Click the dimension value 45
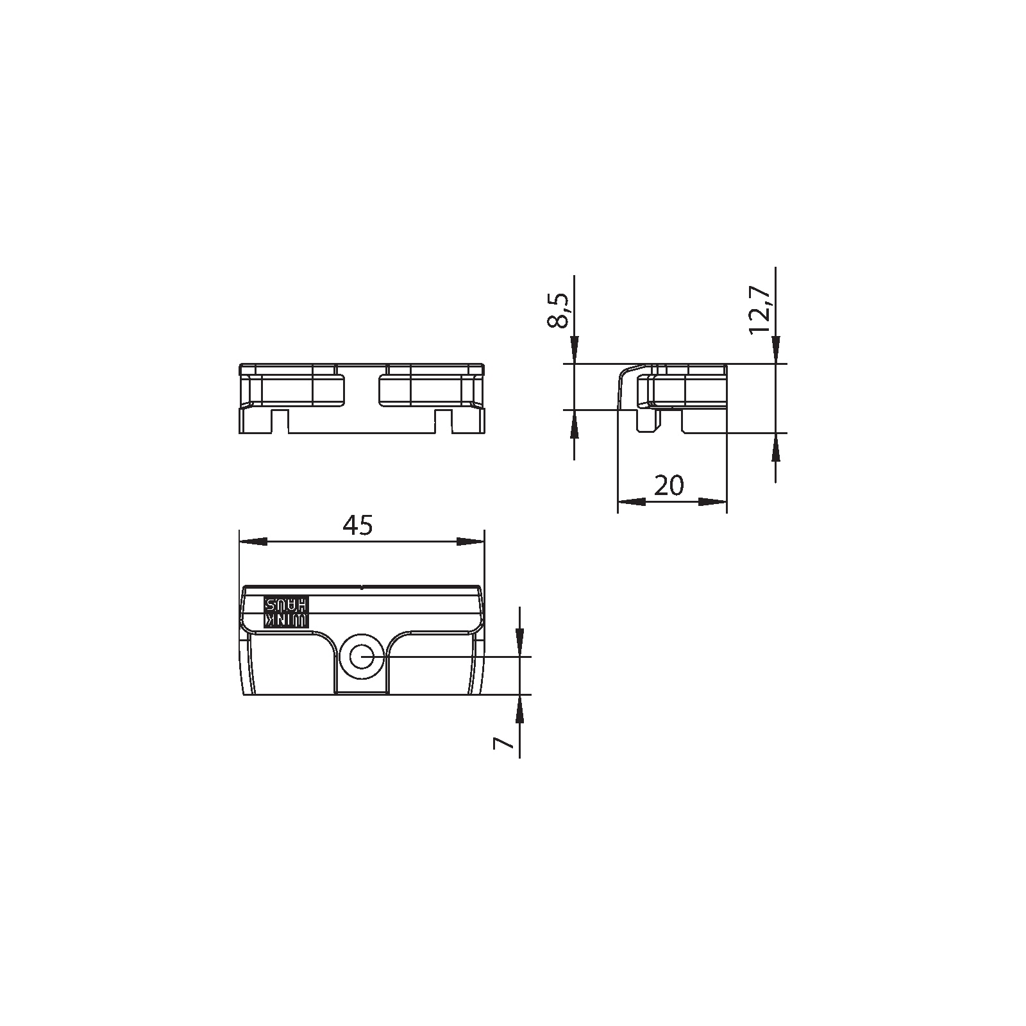(357, 525)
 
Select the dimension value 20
(669, 485)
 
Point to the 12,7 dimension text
(759, 310)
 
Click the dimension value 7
(503, 743)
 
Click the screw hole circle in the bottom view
(362, 657)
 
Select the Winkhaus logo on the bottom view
(287, 612)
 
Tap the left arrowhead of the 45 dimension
(253, 542)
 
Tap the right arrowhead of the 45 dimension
(471, 542)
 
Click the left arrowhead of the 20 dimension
(632, 501)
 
